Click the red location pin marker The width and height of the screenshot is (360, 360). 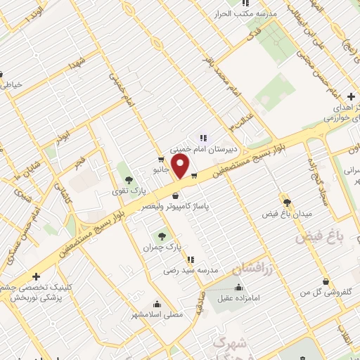[181, 167]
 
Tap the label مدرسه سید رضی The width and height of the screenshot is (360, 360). [191, 270]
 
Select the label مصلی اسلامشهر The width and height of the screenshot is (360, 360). [156, 314]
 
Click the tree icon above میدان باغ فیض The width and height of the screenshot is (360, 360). [286, 201]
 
